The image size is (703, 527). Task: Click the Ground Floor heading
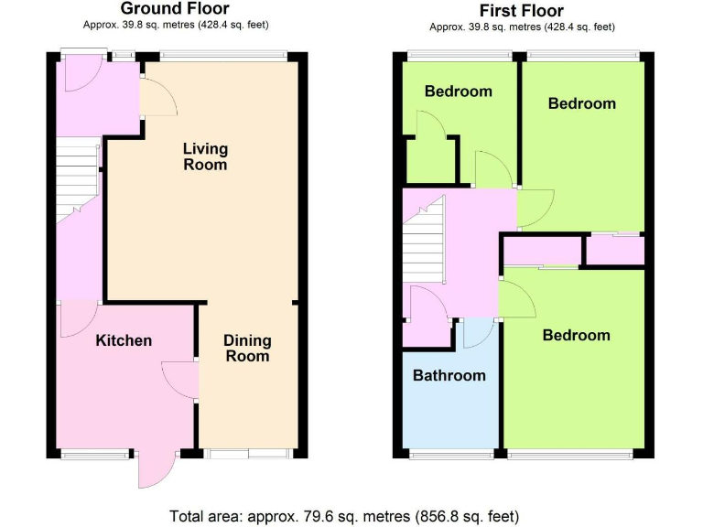coord(175,10)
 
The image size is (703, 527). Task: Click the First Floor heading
coord(521,11)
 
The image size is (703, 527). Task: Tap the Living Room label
coord(205,156)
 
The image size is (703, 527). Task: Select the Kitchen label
coord(124,340)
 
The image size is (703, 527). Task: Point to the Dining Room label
coord(247,349)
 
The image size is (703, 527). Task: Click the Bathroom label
coord(449,375)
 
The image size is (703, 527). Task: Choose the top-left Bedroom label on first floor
coord(458,91)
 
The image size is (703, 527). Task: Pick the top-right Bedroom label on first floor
coord(581,103)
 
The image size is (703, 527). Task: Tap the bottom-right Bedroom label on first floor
coord(576,335)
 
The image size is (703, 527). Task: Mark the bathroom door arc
coord(476,334)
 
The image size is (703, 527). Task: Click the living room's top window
coord(222,55)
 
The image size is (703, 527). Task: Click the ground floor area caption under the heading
coord(175,25)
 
